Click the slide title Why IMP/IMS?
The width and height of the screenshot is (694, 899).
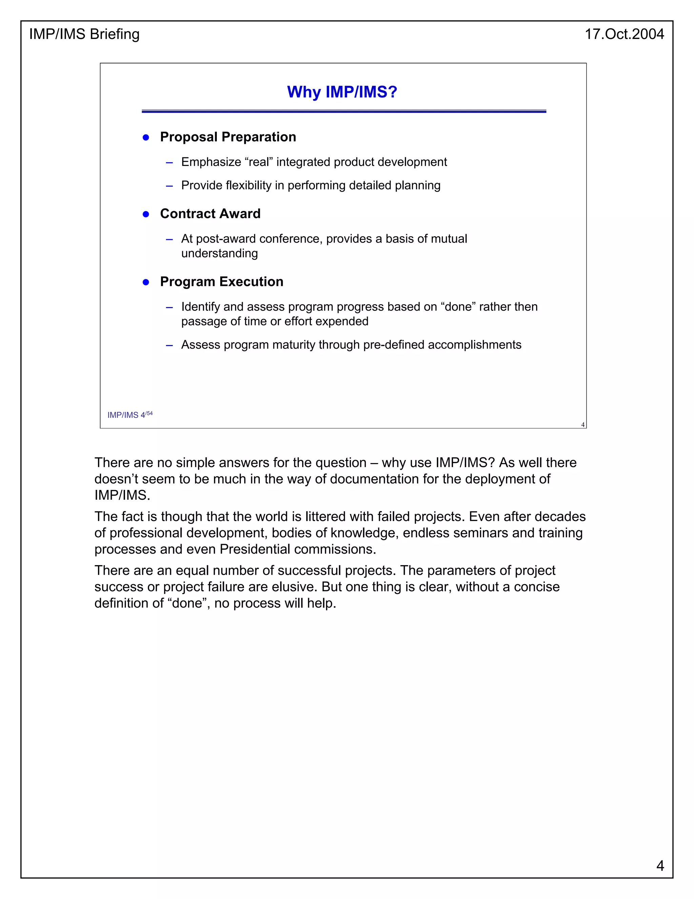pos(342,92)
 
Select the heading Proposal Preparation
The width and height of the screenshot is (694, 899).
pos(228,137)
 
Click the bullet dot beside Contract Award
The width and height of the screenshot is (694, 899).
pos(145,214)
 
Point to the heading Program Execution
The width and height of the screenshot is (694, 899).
pos(222,282)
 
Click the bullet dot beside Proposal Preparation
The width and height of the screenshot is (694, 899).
pos(145,137)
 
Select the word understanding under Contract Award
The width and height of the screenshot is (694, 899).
pos(219,253)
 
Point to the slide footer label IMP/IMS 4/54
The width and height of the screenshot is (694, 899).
pos(129,415)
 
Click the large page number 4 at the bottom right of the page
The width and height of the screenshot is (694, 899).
pos(660,866)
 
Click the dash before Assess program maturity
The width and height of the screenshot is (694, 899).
pos(169,345)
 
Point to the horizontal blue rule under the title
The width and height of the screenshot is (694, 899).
pos(344,111)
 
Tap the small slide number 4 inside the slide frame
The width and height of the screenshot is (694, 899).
pos(583,425)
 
